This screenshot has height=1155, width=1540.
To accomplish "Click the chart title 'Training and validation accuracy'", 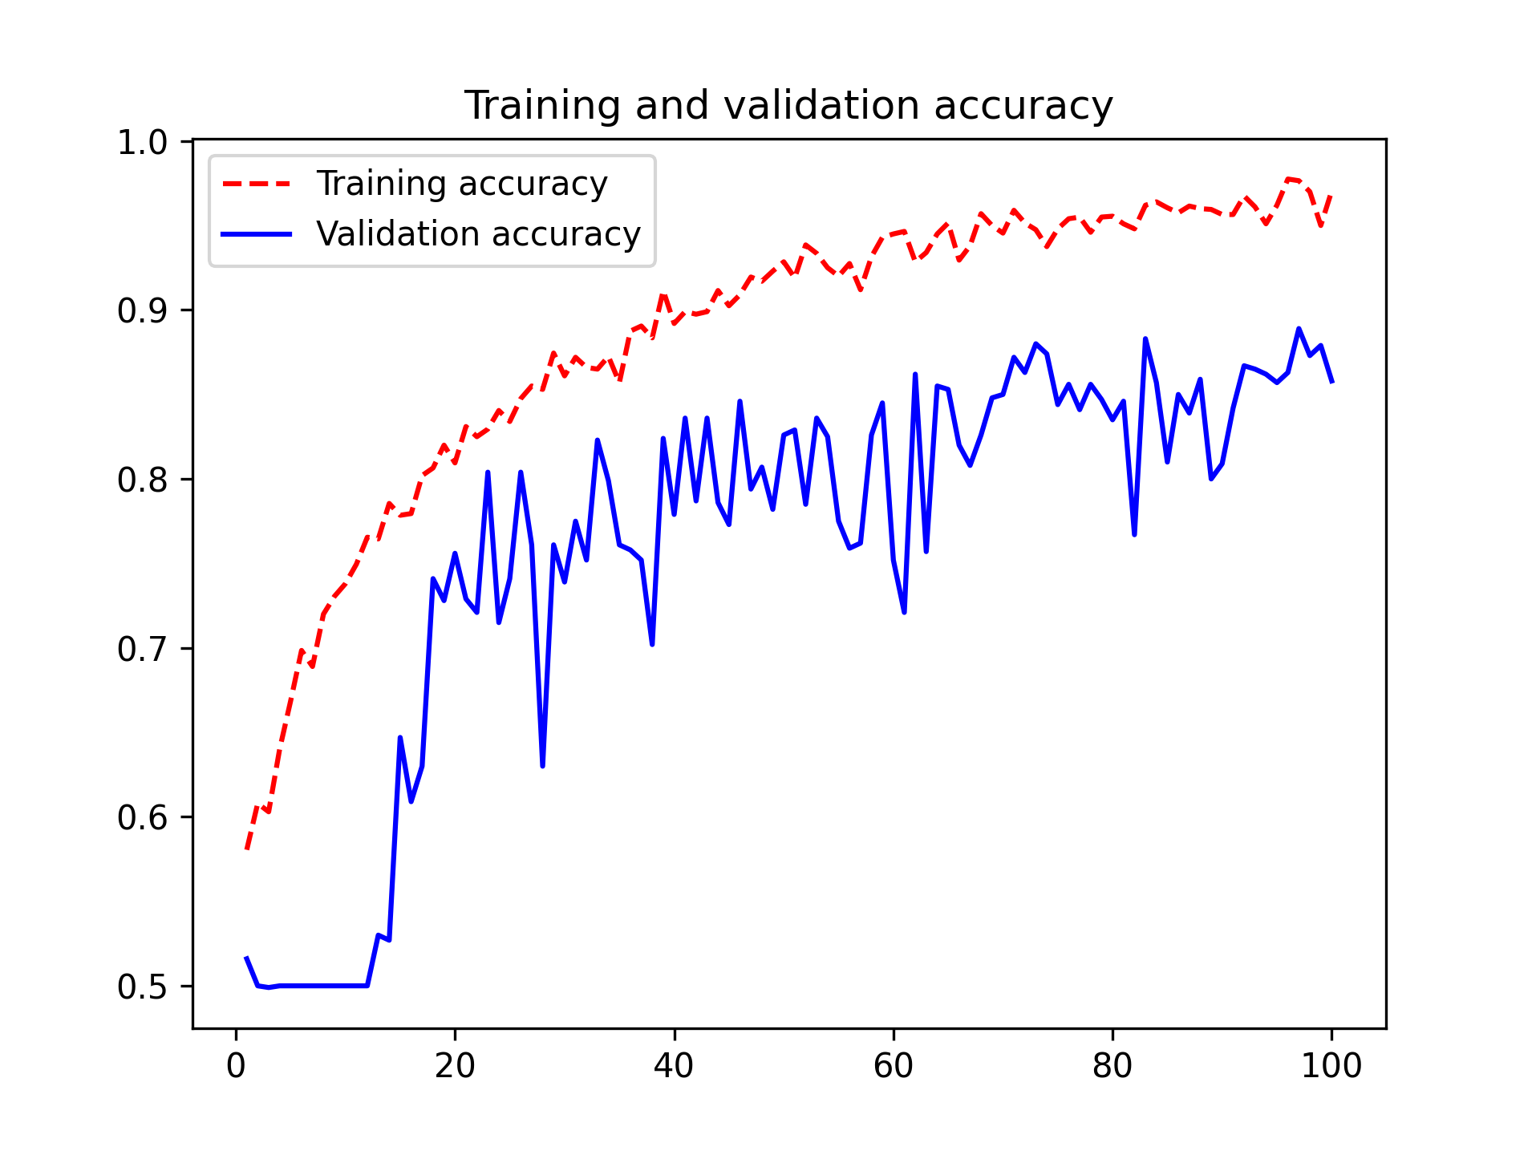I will (x=788, y=106).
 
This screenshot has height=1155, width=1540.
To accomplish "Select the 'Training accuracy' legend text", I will (x=462, y=184).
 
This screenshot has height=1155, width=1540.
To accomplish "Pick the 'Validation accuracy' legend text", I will (x=479, y=234).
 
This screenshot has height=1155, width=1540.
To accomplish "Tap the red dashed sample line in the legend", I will (x=257, y=184).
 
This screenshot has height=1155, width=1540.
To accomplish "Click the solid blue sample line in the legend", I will (x=257, y=234).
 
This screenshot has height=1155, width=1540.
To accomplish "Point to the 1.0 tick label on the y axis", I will (x=142, y=143).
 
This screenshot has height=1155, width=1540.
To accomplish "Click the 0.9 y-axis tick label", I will (x=142, y=311).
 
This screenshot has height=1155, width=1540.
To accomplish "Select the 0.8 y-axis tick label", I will (x=142, y=480).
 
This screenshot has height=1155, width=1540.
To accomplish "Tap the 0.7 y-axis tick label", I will (x=142, y=649).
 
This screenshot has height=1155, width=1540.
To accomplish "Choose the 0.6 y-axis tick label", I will (x=142, y=818).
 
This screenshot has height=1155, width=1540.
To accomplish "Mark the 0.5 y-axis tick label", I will (x=142, y=987).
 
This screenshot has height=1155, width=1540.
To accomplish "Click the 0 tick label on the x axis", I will (x=236, y=1066).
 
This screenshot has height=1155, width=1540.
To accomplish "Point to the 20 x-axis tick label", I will (x=455, y=1066).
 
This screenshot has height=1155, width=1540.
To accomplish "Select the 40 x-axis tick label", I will (x=674, y=1066).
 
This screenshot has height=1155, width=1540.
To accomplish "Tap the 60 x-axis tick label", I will (x=894, y=1066).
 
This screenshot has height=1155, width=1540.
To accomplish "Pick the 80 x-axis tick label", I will (x=1112, y=1066).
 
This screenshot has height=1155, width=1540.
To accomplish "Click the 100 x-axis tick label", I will (x=1331, y=1066).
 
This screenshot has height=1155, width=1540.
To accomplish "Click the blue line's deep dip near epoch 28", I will (x=543, y=765).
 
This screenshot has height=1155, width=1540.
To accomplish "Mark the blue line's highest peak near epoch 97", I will (x=1299, y=329).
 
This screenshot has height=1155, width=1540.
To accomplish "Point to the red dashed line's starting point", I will (x=247, y=849).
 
